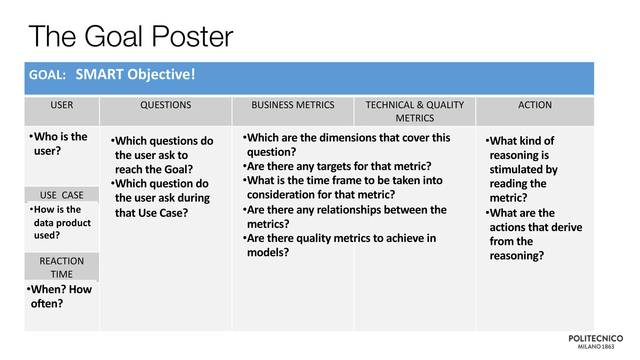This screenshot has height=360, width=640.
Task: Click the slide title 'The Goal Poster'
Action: pos(131,37)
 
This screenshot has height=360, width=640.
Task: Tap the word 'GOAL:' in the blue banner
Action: pos(47,75)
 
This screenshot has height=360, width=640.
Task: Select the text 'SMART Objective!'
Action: pos(135,74)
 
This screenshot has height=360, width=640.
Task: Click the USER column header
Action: pos(62,105)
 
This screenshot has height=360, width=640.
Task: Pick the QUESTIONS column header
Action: pos(166,105)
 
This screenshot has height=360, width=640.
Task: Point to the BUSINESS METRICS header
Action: pos(293,105)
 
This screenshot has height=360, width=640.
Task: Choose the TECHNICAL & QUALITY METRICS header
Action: pos(415,111)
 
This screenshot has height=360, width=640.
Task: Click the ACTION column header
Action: pos(535,105)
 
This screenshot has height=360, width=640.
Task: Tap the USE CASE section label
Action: pos(62,195)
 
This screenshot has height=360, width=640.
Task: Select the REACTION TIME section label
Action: pos(62,267)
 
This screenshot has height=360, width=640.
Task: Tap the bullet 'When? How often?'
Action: pos(59,296)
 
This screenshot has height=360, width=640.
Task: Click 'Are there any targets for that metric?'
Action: pos(337,166)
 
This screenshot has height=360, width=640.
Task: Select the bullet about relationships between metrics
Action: pos(345,217)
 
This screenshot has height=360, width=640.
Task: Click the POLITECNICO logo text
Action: pos(595,338)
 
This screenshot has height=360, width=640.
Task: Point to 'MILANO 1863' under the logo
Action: pos(596,347)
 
